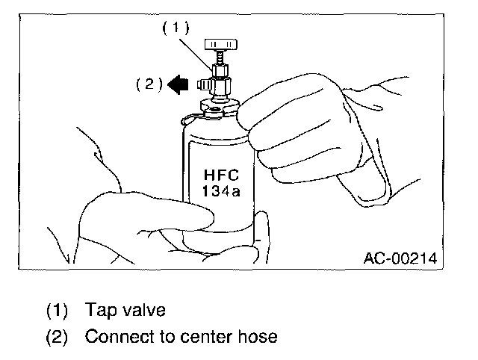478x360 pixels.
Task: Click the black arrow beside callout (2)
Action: [x=179, y=84]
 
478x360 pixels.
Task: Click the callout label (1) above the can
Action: [x=177, y=28]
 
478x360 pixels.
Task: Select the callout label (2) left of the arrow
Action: [x=149, y=84]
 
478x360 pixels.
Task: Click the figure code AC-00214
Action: [x=399, y=258]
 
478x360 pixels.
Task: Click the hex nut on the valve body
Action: [x=221, y=72]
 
